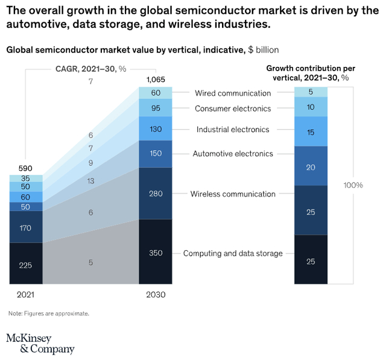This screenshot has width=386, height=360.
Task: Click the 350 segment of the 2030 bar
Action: pyautogui.click(x=155, y=252)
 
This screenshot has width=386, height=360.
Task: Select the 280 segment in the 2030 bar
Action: pyautogui.click(x=155, y=194)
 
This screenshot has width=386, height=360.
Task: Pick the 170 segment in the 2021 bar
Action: pyautogui.click(x=26, y=227)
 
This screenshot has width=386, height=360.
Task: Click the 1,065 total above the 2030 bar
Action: pyautogui.click(x=155, y=80)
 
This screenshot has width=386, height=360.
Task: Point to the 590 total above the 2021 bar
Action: pyautogui.click(x=25, y=168)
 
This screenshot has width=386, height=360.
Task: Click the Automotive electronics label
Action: pyautogui.click(x=233, y=154)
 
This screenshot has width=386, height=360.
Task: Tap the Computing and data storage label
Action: pyautogui.click(x=233, y=253)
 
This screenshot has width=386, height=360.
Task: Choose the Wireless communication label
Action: pyautogui.click(x=233, y=194)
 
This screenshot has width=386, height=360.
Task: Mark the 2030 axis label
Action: pyautogui.click(x=155, y=295)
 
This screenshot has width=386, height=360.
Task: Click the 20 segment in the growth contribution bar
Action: pyautogui.click(x=311, y=166)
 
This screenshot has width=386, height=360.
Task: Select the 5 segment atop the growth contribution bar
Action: pyautogui.click(x=311, y=92)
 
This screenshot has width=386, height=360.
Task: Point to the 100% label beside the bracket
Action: pyautogui.click(x=353, y=185)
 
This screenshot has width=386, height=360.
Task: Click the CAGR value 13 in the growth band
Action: pyautogui.click(x=90, y=181)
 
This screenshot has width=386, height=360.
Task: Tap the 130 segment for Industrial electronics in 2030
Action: pyautogui.click(x=155, y=129)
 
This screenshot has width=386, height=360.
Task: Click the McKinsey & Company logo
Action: pyautogui.click(x=40, y=343)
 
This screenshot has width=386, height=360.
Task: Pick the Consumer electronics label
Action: pyautogui.click(x=233, y=109)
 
